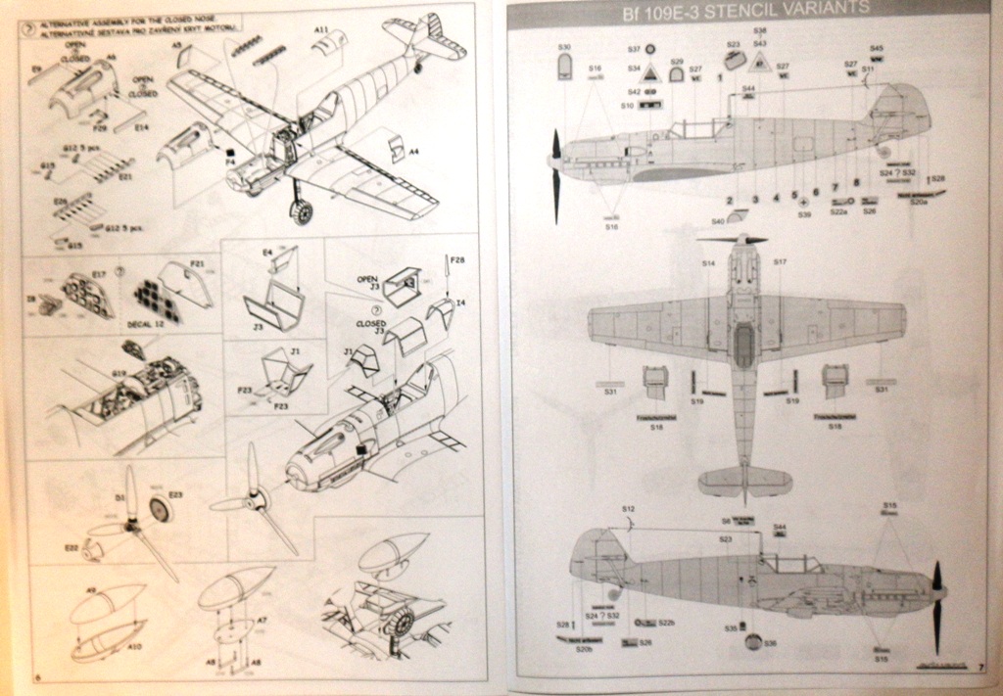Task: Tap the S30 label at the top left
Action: click(x=564, y=47)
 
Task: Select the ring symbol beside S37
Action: click(x=649, y=49)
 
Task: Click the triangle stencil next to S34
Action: click(x=649, y=70)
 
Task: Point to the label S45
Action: click(x=877, y=48)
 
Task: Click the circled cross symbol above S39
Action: click(x=804, y=201)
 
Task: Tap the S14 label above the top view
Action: click(x=708, y=262)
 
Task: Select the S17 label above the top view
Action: click(x=780, y=262)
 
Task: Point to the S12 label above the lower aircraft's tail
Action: click(x=628, y=509)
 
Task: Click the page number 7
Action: click(x=979, y=667)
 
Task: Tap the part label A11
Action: click(x=320, y=30)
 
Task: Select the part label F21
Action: click(x=197, y=263)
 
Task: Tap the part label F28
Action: click(x=457, y=259)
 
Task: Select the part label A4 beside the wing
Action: click(x=413, y=152)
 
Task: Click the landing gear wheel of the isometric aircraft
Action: click(x=302, y=210)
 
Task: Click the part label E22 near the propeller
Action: click(x=72, y=547)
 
